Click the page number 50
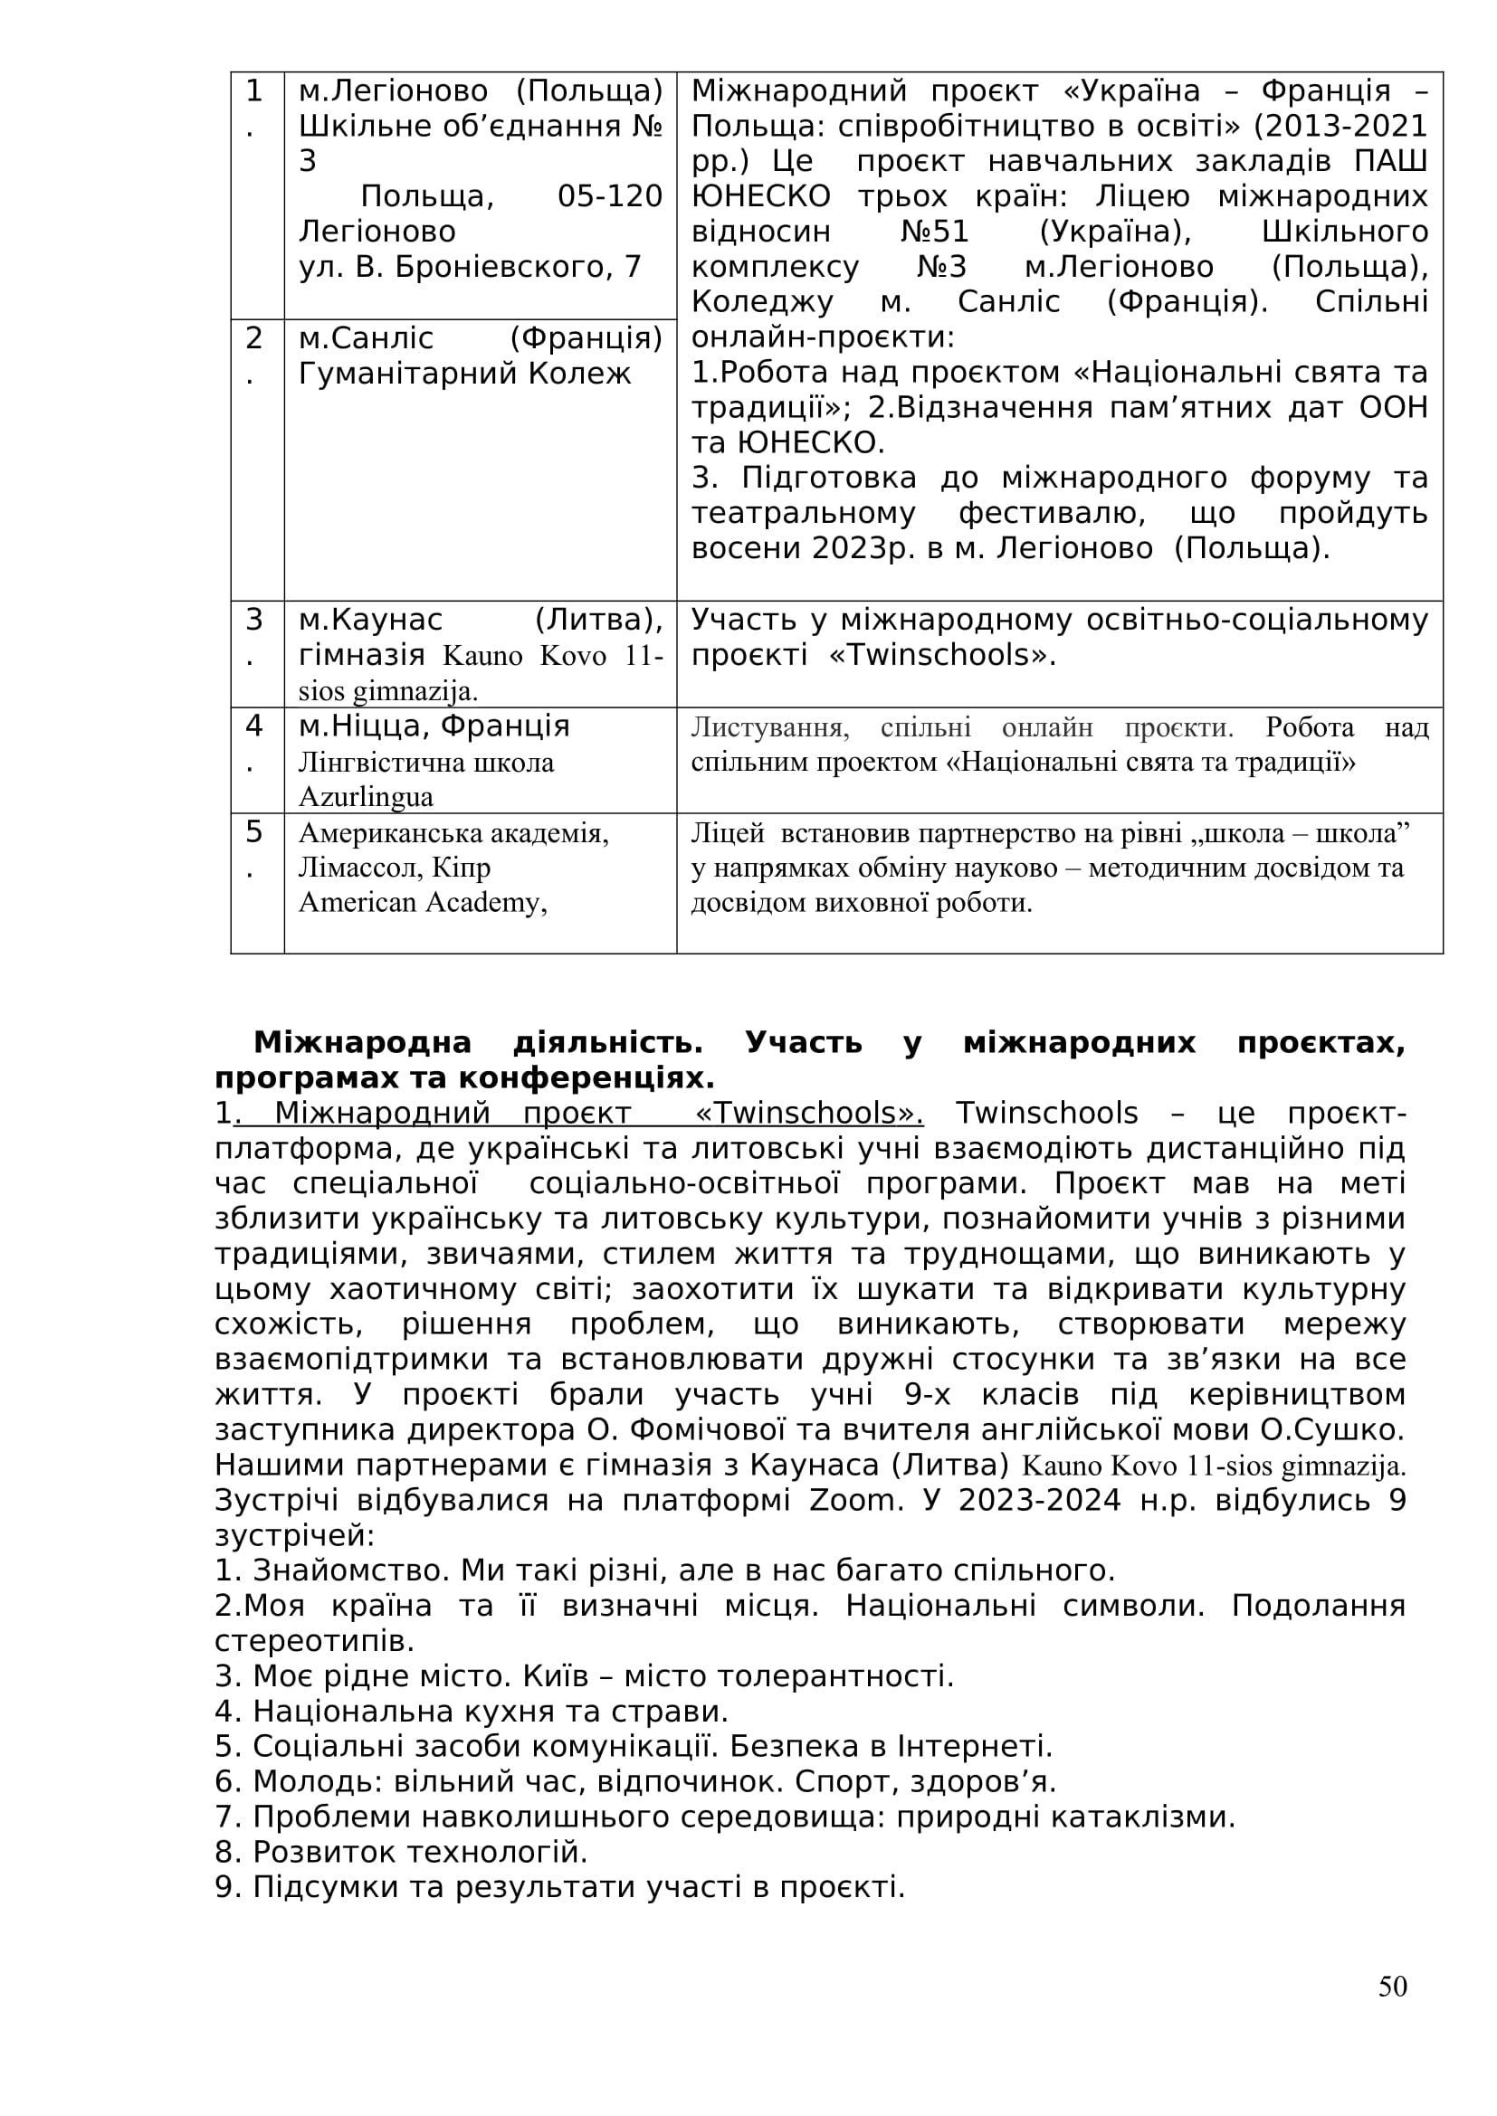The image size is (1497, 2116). point(1392,1986)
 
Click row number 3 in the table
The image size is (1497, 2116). point(254,620)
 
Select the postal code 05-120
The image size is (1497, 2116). point(610,196)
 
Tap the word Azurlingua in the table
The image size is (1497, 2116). point(366,796)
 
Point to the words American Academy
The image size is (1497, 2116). point(421,901)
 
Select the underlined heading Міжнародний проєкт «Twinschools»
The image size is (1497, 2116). point(577,1114)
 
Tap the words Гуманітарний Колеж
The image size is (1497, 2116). point(464,374)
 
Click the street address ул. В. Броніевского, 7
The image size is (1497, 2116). point(469,266)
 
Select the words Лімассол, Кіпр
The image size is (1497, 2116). point(395,868)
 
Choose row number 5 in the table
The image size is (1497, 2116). point(254,832)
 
